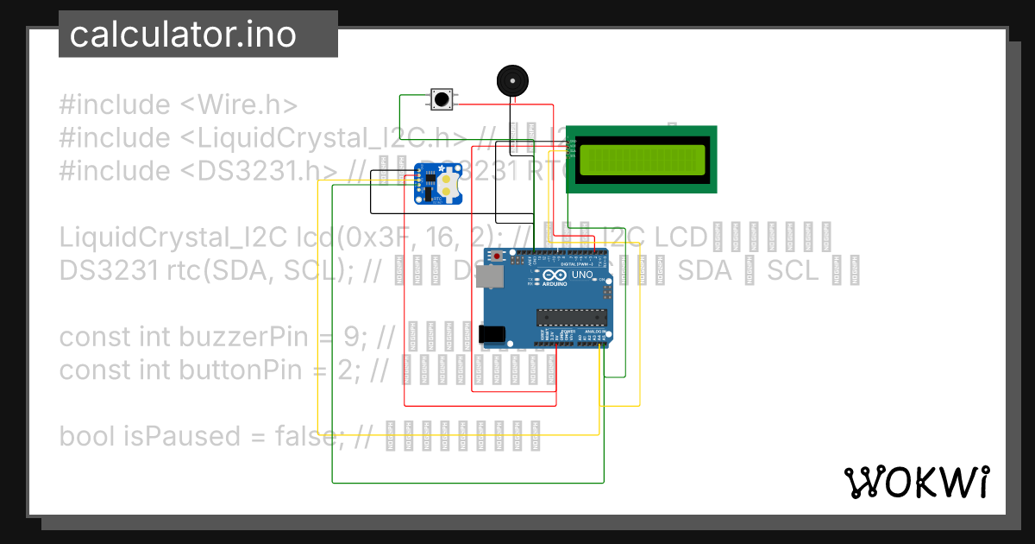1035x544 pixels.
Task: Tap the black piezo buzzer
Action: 511,81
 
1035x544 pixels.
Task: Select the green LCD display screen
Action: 641,160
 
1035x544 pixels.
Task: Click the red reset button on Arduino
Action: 498,256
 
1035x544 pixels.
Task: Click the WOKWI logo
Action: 916,482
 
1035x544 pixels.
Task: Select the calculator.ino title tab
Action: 183,35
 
